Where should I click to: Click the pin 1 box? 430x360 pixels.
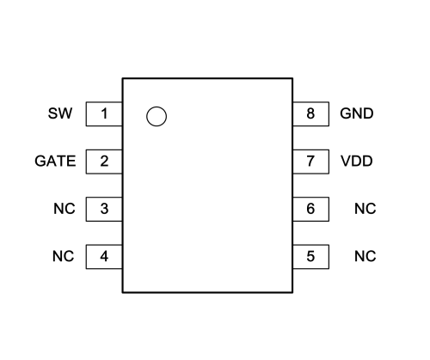click(104, 113)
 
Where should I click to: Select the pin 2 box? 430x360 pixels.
click(104, 162)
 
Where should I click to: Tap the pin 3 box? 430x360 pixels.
click(104, 209)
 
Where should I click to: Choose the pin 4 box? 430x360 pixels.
click(104, 257)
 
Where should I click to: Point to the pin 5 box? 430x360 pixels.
click(310, 257)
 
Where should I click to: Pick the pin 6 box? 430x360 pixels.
click(310, 209)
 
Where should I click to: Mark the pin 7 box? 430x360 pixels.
click(310, 162)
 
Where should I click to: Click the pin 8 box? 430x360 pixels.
click(310, 113)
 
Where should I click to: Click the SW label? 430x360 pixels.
click(60, 113)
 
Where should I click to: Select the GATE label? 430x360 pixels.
click(55, 161)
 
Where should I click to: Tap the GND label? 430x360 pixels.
click(357, 113)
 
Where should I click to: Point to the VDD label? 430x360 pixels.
click(357, 161)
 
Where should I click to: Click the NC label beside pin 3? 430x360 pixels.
click(64, 209)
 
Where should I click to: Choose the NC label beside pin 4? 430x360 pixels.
click(64, 256)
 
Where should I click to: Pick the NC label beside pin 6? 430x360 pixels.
click(365, 209)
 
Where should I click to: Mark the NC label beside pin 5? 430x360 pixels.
click(365, 256)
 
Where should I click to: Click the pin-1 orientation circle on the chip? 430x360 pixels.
click(157, 107)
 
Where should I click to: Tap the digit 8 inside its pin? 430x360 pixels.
click(310, 113)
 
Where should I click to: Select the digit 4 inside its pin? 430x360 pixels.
click(104, 256)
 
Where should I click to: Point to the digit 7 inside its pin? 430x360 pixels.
click(310, 161)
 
